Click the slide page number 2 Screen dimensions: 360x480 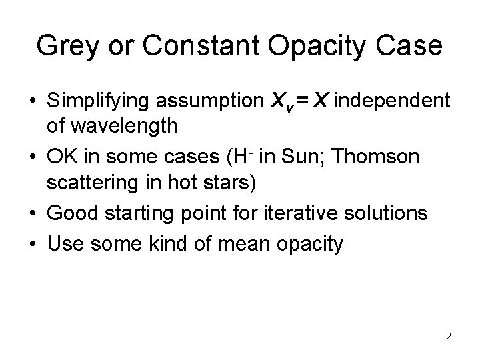pos(449,336)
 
